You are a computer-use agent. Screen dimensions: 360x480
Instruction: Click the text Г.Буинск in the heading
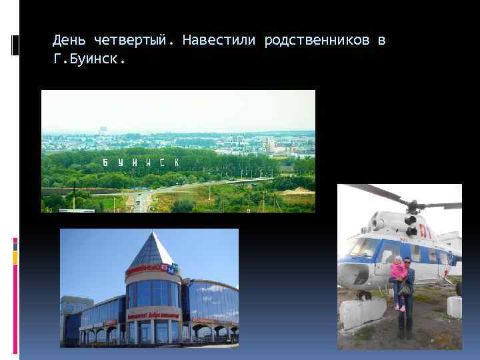(89, 59)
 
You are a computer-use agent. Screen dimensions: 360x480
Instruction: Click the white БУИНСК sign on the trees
(141, 163)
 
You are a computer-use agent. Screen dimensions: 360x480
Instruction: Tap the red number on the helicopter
(425, 233)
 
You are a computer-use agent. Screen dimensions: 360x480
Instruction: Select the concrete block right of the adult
(454, 307)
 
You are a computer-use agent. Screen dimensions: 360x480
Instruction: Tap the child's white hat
(399, 259)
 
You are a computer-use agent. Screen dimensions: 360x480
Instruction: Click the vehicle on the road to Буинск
(138, 198)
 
